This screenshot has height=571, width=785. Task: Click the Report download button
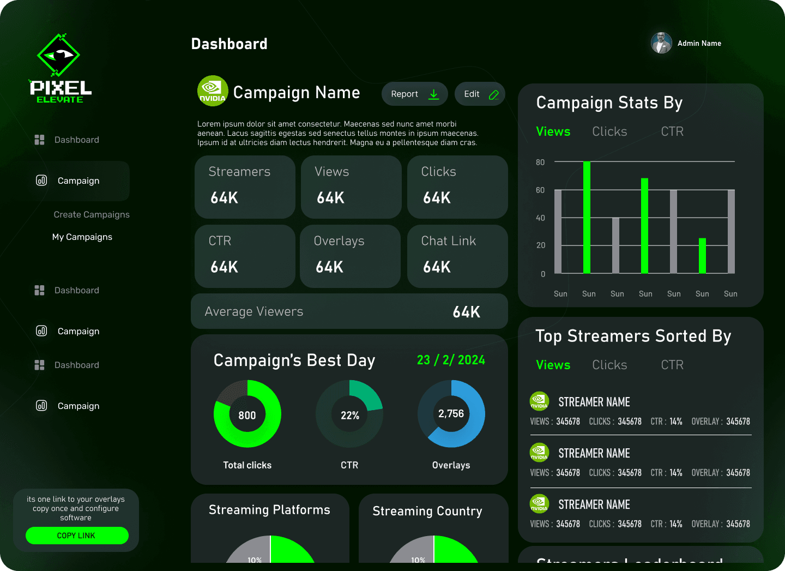(x=414, y=94)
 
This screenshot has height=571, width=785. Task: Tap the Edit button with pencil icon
(x=480, y=94)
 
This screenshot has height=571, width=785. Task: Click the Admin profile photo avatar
(x=661, y=43)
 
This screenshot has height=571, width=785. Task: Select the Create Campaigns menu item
(x=92, y=215)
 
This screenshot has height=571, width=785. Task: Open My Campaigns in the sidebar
(x=82, y=237)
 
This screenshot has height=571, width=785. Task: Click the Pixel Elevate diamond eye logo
(x=58, y=55)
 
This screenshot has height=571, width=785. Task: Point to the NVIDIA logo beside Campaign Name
(x=213, y=91)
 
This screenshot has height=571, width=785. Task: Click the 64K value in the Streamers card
(x=225, y=198)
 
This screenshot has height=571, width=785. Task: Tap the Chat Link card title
(x=448, y=241)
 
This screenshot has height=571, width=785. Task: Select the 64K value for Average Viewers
(x=466, y=312)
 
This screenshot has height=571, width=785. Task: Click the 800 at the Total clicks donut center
(x=247, y=416)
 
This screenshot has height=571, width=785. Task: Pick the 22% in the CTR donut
(x=349, y=416)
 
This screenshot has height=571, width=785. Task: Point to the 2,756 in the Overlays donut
(x=451, y=414)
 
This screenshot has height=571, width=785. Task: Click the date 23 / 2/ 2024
(x=451, y=360)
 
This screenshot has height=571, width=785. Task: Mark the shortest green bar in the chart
(x=702, y=256)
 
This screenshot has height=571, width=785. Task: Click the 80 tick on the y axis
(x=540, y=163)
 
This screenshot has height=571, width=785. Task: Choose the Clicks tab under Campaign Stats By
(x=609, y=132)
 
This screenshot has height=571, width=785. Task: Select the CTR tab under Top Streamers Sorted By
(x=672, y=365)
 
